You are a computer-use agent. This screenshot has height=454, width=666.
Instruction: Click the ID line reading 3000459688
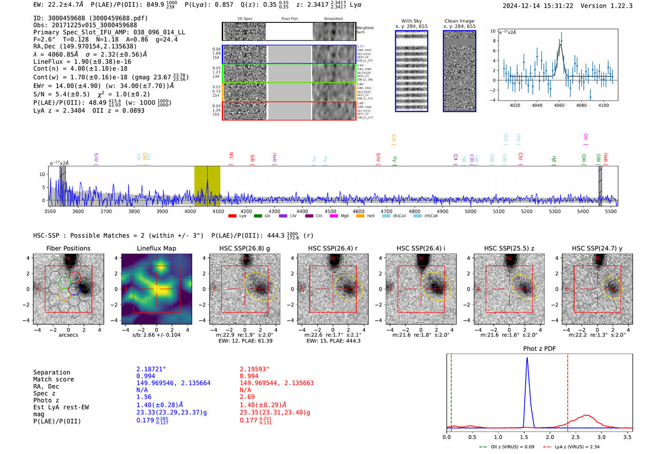click(90, 18)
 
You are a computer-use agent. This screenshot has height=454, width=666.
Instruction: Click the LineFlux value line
click(82, 61)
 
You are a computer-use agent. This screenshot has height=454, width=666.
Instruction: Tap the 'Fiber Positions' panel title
click(68, 248)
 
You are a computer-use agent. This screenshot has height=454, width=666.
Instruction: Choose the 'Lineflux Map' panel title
click(156, 248)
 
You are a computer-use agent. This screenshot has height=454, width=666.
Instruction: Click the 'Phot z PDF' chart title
click(539, 349)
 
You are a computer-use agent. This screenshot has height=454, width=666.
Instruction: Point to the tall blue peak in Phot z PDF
click(527, 358)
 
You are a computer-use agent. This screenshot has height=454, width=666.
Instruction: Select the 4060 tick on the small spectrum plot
click(559, 105)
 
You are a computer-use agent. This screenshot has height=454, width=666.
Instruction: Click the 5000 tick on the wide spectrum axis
click(470, 211)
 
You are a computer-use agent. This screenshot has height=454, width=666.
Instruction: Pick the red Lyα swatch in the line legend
click(232, 216)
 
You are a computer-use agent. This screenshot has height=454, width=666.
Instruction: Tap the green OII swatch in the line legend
click(258, 216)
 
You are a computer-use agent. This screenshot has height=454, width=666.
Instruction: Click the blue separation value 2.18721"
click(151, 369)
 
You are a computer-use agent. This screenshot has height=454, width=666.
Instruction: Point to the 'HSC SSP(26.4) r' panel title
click(333, 248)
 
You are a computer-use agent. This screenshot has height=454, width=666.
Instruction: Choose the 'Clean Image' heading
click(459, 21)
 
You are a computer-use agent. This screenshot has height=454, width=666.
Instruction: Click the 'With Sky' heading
click(411, 21)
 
